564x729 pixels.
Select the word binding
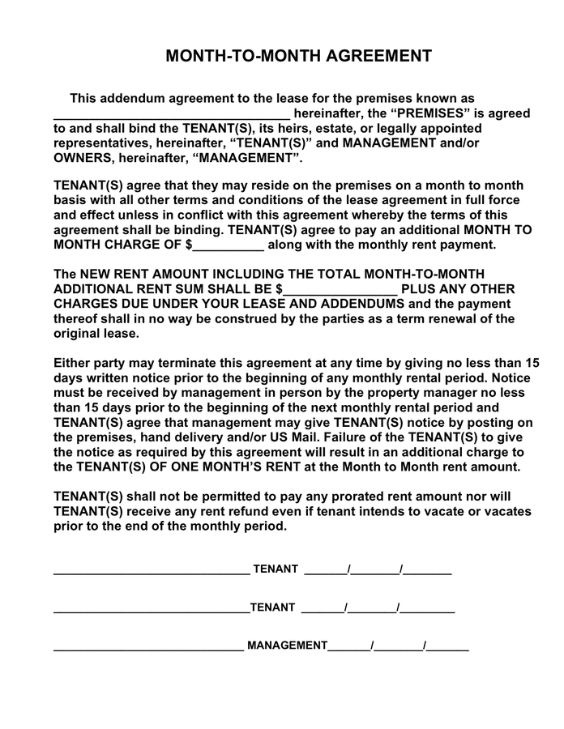pyautogui.click(x=188, y=230)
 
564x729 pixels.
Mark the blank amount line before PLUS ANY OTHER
pyautogui.click(x=341, y=290)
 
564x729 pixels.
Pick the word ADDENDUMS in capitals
pyautogui.click(x=362, y=304)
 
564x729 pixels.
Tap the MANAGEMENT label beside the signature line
pyautogui.click(x=287, y=646)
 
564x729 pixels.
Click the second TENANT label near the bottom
pyautogui.click(x=273, y=607)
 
